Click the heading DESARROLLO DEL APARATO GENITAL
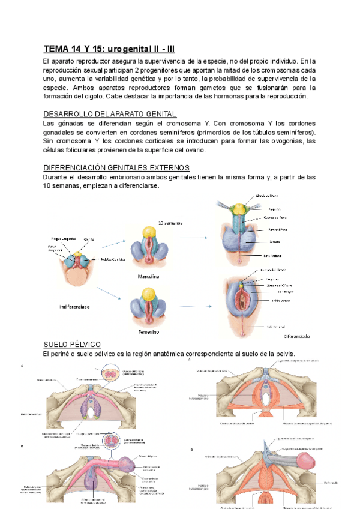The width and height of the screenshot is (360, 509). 110,114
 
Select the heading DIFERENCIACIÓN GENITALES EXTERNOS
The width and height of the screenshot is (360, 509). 117,167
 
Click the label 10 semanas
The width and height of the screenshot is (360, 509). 170,223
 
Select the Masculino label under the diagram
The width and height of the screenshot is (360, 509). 146,277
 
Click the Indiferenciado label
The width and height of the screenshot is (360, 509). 75,306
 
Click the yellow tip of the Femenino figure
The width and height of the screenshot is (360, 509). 146,294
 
